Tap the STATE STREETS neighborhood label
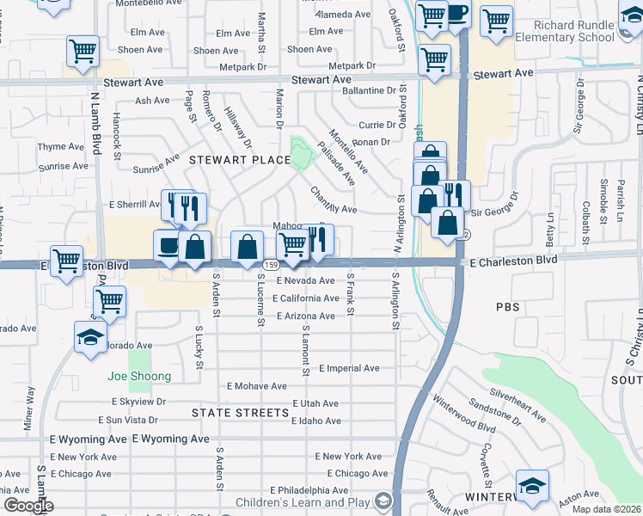pyautogui.click(x=240, y=413)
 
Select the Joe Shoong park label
pyautogui.click(x=139, y=376)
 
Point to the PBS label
pyautogui.click(x=508, y=306)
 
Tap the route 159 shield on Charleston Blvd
pyautogui.click(x=271, y=264)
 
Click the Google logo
pyautogui.click(x=28, y=506)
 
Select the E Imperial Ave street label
pyautogui.click(x=349, y=368)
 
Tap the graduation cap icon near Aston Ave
pyautogui.click(x=532, y=486)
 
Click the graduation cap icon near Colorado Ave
pyautogui.click(x=89, y=338)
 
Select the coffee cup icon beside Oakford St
pyautogui.click(x=456, y=15)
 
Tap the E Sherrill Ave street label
pyautogui.click(x=135, y=205)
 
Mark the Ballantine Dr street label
pyautogui.click(x=374, y=89)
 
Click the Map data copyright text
pyautogui.click(x=607, y=509)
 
